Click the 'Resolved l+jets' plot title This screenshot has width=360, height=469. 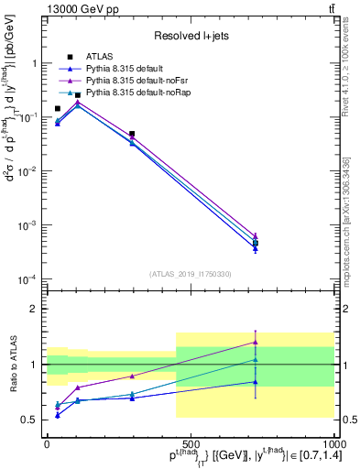click(190, 36)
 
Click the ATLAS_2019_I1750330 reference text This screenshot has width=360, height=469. click(190, 274)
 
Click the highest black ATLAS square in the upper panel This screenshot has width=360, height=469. click(78, 94)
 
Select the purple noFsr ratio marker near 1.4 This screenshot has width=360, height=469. click(256, 342)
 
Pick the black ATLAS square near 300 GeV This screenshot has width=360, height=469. click(132, 134)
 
